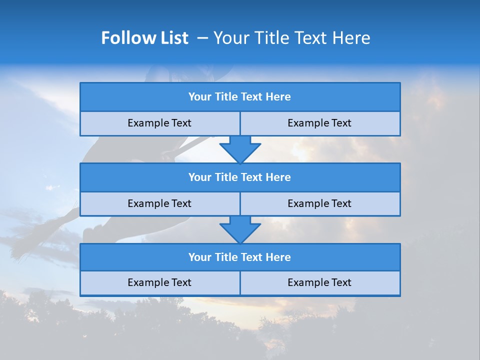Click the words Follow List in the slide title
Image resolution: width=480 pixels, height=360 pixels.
(145, 38)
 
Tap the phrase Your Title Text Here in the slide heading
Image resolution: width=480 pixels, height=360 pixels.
(292, 38)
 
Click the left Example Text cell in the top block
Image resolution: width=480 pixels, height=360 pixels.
(160, 123)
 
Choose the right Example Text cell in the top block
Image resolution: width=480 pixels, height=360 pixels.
(320, 123)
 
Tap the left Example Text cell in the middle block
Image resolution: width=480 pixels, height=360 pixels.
(160, 204)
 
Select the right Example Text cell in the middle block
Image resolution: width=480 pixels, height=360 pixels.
(320, 204)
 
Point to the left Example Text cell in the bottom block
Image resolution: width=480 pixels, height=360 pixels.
(160, 283)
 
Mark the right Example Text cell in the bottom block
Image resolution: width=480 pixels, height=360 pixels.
(320, 283)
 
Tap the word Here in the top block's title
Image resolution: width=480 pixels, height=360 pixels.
(278, 97)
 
